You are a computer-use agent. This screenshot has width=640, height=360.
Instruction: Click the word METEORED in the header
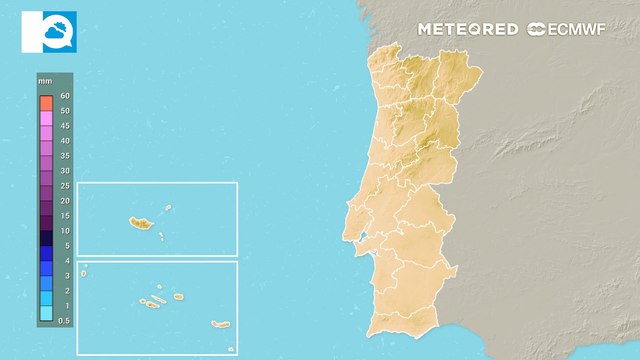467,29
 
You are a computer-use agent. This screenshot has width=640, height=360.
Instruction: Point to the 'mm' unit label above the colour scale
45,79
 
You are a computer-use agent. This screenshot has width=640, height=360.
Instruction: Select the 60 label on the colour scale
64,96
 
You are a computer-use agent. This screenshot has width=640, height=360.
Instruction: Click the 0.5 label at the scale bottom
64,320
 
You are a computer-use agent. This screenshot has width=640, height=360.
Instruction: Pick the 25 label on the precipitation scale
64,186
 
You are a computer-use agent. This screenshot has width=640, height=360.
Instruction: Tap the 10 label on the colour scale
64,230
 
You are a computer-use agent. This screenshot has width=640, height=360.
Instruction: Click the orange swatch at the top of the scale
46,103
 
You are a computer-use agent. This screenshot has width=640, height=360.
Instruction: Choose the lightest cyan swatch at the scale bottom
46,313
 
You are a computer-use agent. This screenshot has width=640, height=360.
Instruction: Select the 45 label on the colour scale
64,126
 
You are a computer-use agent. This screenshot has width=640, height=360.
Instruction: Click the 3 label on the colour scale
64,275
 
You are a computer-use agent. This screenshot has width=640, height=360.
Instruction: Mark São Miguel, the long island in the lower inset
219,324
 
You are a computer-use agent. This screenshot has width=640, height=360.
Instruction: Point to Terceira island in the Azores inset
178,296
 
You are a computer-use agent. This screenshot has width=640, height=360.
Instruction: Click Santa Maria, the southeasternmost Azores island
231,348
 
